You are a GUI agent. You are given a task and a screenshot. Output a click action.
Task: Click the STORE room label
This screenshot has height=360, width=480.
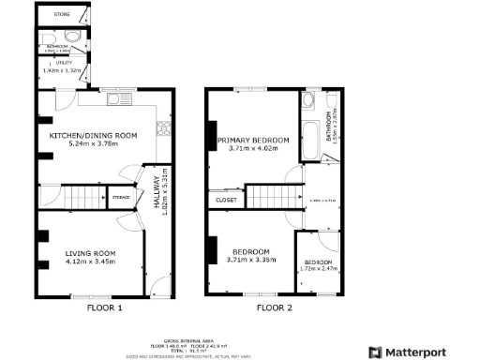pos(62,15)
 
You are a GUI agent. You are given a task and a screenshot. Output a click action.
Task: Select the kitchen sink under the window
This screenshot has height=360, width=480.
pos(120,98)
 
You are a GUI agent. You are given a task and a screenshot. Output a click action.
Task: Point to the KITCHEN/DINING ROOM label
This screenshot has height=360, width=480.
pos(93,136)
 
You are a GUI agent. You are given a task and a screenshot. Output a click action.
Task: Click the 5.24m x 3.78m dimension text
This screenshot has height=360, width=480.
pos(93,145)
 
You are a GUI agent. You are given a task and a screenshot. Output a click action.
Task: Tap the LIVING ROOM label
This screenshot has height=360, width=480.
pos(90,253)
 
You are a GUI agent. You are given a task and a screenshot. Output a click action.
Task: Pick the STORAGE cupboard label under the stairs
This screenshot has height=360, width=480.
pos(121,198)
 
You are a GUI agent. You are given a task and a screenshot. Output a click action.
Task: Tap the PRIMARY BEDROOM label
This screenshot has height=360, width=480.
pos(253,140)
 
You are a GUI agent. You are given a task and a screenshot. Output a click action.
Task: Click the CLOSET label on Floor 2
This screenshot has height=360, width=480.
pos(226,200)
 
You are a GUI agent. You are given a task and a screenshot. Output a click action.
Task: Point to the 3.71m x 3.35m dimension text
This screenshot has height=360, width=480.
pos(251,262)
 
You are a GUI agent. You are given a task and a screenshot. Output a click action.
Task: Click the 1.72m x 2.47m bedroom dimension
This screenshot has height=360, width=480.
pos(317,269)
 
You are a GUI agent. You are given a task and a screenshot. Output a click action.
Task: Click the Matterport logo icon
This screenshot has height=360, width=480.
pos(373,352)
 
